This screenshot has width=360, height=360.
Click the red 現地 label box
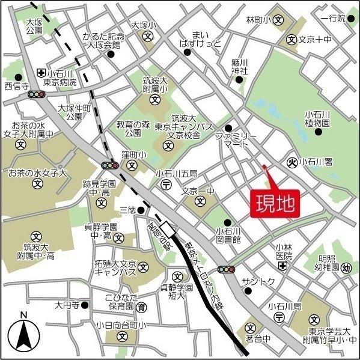(x=274, y=203)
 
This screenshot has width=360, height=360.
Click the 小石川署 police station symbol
(x=293, y=162)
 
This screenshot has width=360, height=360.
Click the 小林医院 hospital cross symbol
(x=282, y=265)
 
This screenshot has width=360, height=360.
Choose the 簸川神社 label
(x=240, y=66)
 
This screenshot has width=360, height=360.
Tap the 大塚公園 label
(x=34, y=25)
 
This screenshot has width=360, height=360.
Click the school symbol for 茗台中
(x=250, y=328)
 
